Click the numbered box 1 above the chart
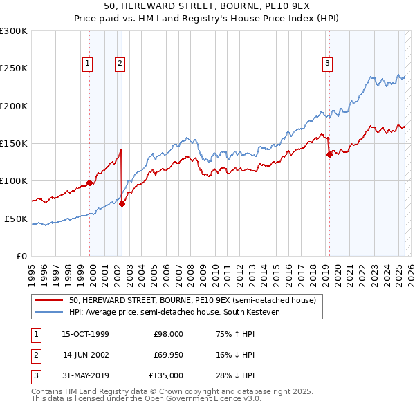88,64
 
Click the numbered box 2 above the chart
120,64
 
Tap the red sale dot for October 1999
90,183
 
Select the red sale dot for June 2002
122,204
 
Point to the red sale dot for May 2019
329,154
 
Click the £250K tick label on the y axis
14,68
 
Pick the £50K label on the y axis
16,219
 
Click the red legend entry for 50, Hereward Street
192,300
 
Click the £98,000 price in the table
168,334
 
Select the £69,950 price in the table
168,355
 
